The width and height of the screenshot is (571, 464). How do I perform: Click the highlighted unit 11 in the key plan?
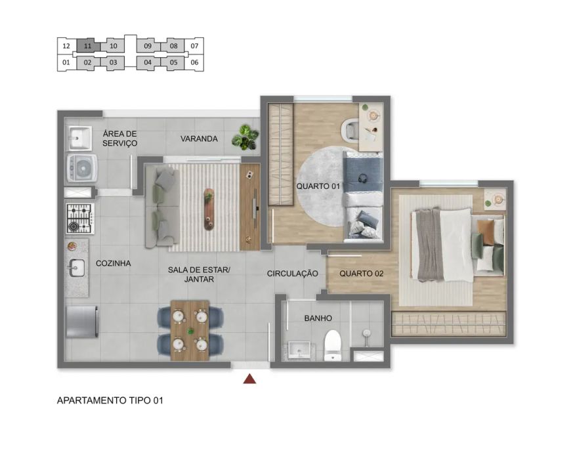click(88, 46)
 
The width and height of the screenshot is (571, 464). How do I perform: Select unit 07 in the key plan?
click(194, 46)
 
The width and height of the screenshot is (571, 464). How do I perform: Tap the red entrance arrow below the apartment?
click(249, 379)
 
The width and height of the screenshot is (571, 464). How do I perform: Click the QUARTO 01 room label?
click(318, 186)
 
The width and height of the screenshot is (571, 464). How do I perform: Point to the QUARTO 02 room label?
click(361, 274)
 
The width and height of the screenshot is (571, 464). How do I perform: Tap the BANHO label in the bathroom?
click(318, 318)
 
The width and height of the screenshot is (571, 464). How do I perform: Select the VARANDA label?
click(200, 138)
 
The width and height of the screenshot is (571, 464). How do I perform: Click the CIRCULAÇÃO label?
click(293, 274)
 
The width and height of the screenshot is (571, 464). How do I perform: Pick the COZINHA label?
click(114, 263)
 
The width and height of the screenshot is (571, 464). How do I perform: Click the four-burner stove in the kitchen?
click(80, 219)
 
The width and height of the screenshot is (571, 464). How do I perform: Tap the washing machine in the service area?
click(82, 168)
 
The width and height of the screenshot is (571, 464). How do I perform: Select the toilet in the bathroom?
click(333, 345)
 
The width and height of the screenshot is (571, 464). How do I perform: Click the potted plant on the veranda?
click(245, 137)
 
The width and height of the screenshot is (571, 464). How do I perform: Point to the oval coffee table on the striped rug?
click(209, 209)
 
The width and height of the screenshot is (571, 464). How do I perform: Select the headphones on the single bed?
click(363, 179)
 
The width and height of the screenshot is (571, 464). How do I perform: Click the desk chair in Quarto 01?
click(350, 129)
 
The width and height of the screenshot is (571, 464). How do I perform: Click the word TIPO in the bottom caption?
click(140, 400)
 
